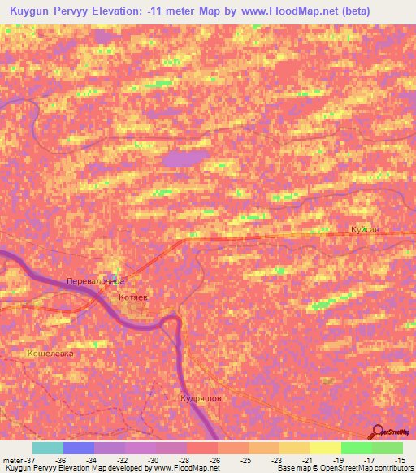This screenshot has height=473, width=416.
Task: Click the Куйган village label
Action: pyautogui.click(x=365, y=230)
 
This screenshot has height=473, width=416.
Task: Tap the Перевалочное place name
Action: pyautogui.click(x=95, y=281)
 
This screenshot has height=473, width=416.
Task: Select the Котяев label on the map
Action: pyautogui.click(x=133, y=298)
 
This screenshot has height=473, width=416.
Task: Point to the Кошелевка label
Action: pyautogui.click(x=50, y=354)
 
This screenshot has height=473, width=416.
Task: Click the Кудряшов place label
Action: pyautogui.click(x=201, y=399)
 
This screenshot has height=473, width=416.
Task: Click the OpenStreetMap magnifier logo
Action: pyautogui.click(x=378, y=433)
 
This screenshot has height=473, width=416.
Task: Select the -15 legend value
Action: pyautogui.click(x=399, y=459)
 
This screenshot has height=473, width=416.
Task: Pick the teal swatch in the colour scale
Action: pyautogui.click(x=47, y=448)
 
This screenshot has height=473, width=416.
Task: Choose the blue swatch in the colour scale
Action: pyautogui.click(x=78, y=448)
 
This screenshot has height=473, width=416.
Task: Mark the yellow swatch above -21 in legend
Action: pyautogui.click(x=294, y=448)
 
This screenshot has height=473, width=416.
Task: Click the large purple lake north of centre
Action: pyautogui.click(x=186, y=159)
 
